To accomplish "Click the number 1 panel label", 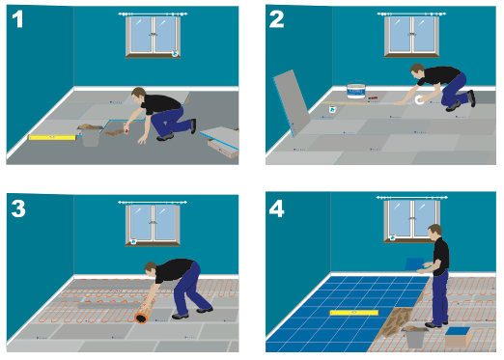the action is click(x=17, y=19).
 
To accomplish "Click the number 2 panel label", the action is click(x=276, y=19).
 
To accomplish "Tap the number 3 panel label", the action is click(x=18, y=208).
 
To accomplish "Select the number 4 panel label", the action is click(x=277, y=208).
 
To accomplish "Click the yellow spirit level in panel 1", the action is click(x=52, y=137).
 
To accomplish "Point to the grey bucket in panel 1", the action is click(x=91, y=136).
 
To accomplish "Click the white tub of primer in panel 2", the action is click(x=356, y=90).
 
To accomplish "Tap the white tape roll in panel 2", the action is click(x=419, y=99).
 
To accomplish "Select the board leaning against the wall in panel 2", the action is click(x=292, y=103).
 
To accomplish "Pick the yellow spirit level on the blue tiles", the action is click(x=354, y=313).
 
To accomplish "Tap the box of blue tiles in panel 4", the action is click(x=458, y=336).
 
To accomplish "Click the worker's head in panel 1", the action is click(x=138, y=95).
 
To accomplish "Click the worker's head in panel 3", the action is click(x=151, y=269).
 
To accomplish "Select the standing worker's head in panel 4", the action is click(x=434, y=232).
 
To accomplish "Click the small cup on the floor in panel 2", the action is click(x=332, y=109).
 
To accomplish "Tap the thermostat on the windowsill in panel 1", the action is click(x=175, y=53).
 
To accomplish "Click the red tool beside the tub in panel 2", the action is click(x=373, y=97).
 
